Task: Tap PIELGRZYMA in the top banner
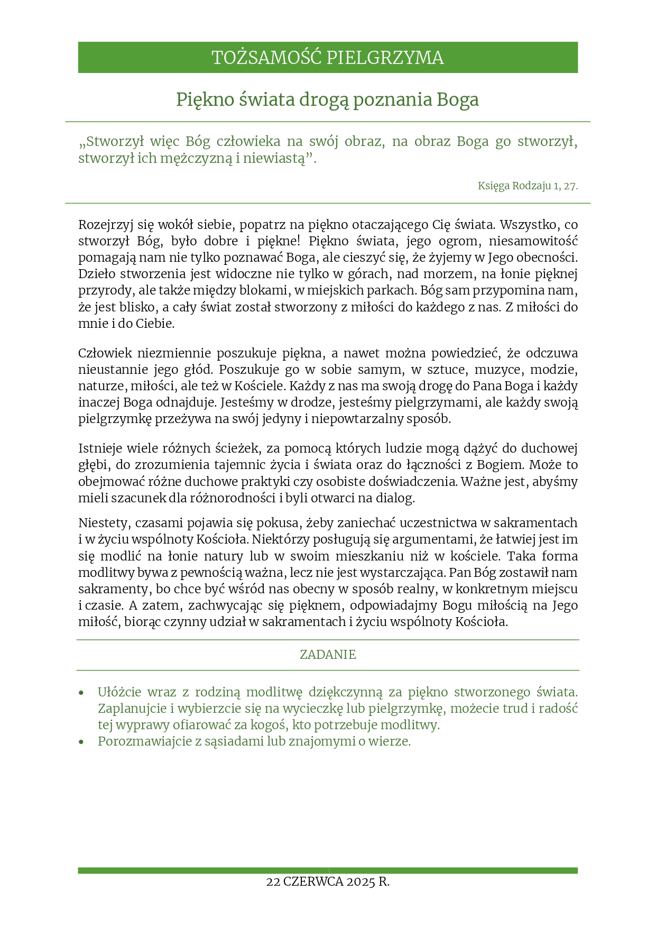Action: click(385, 58)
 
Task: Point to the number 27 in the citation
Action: click(570, 186)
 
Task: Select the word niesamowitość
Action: click(533, 241)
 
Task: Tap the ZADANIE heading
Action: click(328, 655)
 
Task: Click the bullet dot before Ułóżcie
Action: click(81, 693)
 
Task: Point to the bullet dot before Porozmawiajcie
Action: click(81, 742)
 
